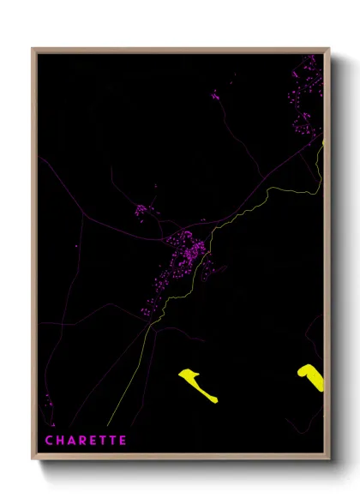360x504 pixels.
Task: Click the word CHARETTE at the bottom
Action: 86,440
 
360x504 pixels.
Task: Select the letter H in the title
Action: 60,440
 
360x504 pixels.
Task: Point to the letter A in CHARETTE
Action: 71,440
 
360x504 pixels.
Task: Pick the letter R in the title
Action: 82,440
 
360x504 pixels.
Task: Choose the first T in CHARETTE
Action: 102,440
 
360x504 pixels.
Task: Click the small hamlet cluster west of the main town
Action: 144,209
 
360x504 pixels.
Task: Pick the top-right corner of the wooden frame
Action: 328,49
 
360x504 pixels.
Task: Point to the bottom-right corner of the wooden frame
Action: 328,459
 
